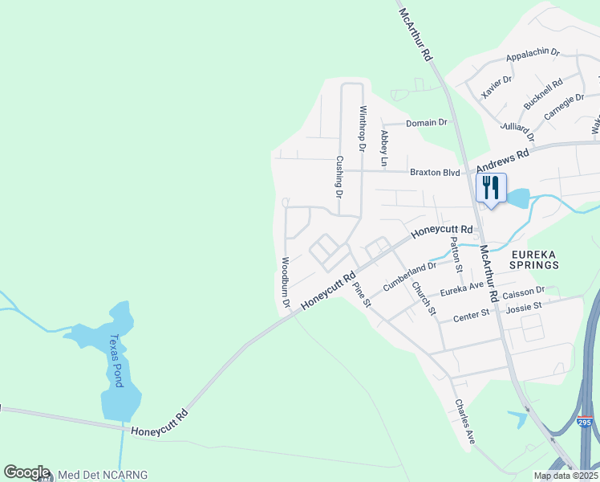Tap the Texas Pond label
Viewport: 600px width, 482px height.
(x=118, y=361)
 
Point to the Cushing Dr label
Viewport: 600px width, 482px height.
(x=339, y=177)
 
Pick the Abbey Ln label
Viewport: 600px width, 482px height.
(x=384, y=149)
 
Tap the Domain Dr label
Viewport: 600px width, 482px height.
(x=426, y=123)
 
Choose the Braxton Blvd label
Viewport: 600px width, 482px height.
(x=435, y=172)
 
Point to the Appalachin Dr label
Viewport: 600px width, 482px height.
(x=533, y=56)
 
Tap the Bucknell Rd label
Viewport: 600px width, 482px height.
(x=543, y=95)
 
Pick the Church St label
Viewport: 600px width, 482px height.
(x=424, y=298)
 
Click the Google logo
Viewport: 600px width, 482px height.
(x=26, y=472)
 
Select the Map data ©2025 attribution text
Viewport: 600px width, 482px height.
(x=566, y=476)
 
